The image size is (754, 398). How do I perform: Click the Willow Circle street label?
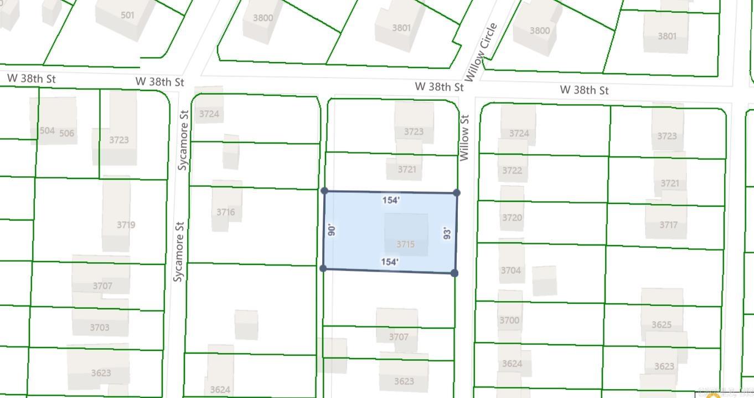[x=481, y=52]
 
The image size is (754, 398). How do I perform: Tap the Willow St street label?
[x=464, y=137]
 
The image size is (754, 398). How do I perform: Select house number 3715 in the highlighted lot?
[x=406, y=244]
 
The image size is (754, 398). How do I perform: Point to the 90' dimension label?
[x=332, y=230]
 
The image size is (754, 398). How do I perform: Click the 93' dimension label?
[x=447, y=233]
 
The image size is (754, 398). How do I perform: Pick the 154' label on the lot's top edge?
[x=391, y=200]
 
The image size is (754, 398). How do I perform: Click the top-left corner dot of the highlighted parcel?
[x=324, y=191]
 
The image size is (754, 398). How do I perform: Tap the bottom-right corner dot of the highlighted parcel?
[x=455, y=273]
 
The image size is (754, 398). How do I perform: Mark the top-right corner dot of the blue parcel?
[x=457, y=193]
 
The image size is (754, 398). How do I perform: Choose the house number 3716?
[x=225, y=212]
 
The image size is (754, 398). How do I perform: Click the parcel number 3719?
[x=126, y=224]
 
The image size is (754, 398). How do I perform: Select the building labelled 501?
[x=127, y=15]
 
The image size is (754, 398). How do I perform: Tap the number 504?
[x=47, y=131]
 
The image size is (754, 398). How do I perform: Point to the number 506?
[x=66, y=133]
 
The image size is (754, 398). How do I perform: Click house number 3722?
[x=512, y=170]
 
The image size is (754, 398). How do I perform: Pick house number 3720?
[x=512, y=217]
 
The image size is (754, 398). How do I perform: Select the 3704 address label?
[x=511, y=271]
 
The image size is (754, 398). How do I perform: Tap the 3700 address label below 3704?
[x=509, y=320]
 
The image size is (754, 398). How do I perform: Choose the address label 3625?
[x=662, y=324]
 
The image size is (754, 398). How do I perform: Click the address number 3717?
[x=668, y=225]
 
